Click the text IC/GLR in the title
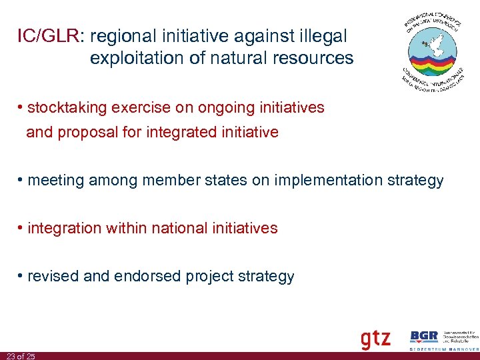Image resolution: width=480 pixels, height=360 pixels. (x=48, y=36)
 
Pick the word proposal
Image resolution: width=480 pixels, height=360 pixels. (x=85, y=132)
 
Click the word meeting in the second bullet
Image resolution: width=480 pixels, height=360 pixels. (x=53, y=180)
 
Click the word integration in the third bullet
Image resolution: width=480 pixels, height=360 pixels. (x=62, y=228)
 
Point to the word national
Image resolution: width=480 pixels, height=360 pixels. (x=179, y=228)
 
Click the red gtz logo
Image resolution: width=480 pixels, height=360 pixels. (x=375, y=339)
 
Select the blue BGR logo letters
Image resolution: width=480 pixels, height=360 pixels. (x=424, y=337)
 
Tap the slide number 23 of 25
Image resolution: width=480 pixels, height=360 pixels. (x=19, y=356)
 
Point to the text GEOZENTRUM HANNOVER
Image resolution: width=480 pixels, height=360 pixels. (x=443, y=349)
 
